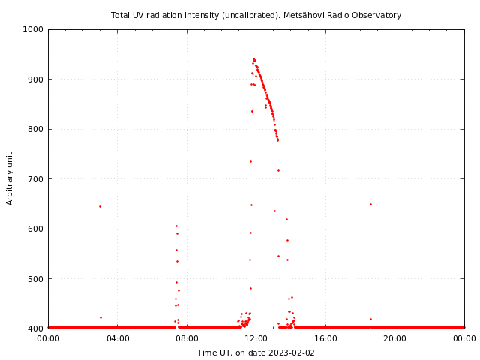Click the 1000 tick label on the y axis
(x=34, y=29)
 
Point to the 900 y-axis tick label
(x=36, y=79)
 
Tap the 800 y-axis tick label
(x=36, y=129)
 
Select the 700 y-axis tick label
(x=36, y=179)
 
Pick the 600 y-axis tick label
(x=36, y=229)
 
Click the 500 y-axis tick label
(x=36, y=279)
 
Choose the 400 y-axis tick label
(x=36, y=328)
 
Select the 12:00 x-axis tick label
(x=256, y=338)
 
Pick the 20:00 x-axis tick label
(x=395, y=338)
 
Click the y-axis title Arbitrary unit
(x=10, y=178)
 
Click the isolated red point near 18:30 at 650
(x=370, y=204)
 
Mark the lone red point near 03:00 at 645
(x=100, y=206)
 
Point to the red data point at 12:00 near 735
(x=250, y=161)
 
